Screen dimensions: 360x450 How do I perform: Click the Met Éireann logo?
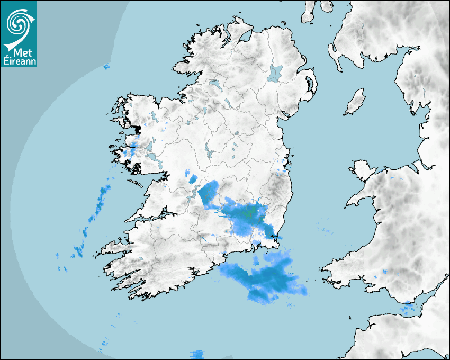19,33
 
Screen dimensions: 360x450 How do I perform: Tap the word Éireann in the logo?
19,61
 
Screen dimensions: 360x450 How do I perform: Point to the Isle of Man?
355,102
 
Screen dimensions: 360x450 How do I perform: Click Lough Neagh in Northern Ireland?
275,73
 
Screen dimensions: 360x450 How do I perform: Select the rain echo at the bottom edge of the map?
197,354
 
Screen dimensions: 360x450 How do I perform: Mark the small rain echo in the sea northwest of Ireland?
106,66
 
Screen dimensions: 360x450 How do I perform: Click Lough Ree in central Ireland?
210,154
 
